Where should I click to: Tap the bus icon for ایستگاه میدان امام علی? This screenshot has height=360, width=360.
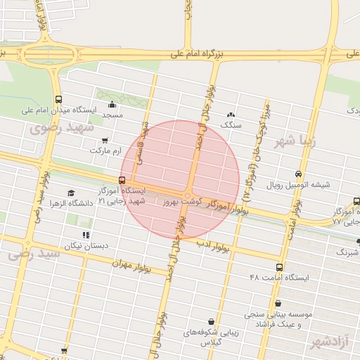(58, 100)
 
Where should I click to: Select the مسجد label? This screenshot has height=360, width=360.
(112, 114)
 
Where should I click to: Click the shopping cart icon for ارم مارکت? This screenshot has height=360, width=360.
(105, 140)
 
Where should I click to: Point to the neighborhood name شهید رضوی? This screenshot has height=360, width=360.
(56, 128)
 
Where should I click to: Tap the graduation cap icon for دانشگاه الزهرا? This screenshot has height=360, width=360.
(70, 193)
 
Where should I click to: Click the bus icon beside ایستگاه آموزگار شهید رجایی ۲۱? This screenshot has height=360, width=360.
(123, 180)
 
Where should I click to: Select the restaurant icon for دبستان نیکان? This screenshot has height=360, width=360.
(86, 235)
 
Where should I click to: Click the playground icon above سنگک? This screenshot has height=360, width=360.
(231, 115)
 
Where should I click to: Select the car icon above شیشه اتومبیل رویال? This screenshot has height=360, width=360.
(299, 174)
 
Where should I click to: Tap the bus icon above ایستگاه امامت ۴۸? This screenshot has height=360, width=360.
(279, 268)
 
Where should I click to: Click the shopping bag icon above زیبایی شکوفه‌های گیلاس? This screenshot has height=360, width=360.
(211, 321)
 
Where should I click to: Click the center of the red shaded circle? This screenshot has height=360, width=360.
(181, 180)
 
